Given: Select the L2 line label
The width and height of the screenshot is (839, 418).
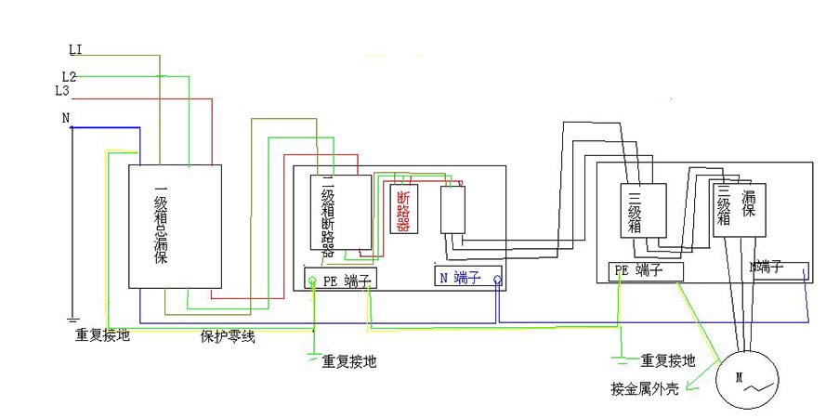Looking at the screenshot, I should (69, 75).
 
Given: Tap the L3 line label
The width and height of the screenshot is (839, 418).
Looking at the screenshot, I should (62, 90).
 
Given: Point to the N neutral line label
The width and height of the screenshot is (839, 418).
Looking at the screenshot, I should (65, 118).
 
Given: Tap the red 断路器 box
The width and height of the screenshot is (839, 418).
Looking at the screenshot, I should (402, 210).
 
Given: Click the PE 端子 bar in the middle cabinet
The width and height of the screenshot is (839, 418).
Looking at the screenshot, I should (340, 278).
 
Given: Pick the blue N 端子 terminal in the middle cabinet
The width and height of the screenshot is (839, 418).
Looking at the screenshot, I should (468, 277).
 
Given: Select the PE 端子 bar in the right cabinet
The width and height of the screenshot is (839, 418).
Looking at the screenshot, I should (647, 270).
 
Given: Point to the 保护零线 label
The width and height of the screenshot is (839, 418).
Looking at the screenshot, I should (228, 336).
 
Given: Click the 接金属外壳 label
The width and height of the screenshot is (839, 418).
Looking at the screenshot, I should (644, 388).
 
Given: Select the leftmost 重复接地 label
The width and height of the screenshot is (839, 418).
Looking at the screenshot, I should (103, 335).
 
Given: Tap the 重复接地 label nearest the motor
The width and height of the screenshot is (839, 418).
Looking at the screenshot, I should (668, 360).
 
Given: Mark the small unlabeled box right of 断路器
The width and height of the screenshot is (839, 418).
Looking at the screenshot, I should (452, 209).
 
